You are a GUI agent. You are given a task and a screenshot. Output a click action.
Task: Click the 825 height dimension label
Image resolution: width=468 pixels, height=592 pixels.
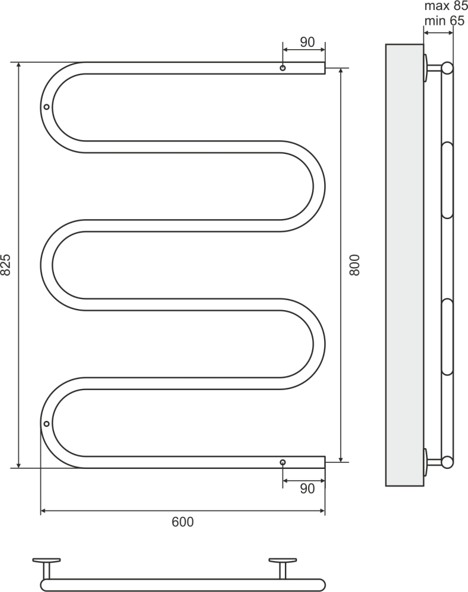pos(6,265)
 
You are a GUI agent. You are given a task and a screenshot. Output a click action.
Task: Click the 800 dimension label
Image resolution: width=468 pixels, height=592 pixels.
pos(355,265)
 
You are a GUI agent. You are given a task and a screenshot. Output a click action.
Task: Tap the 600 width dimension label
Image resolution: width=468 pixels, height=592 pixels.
pos(182,522)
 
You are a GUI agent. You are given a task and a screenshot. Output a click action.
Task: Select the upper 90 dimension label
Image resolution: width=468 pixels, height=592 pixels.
pos(307,42)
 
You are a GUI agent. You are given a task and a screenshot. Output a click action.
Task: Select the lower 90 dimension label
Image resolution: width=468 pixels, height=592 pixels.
pos(307,488)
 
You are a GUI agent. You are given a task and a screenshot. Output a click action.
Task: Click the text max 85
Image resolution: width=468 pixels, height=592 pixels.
pos(446,7)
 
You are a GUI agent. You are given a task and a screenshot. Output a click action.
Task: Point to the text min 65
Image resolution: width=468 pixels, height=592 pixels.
pos(444,21)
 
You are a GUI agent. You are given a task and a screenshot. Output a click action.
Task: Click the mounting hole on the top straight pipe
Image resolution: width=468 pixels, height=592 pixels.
pos(283,68)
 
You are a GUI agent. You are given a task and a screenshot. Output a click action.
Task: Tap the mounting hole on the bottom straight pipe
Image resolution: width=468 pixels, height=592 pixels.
pos(283,462)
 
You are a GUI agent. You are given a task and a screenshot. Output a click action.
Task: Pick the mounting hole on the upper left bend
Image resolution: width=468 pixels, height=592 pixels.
pos(46,107)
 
